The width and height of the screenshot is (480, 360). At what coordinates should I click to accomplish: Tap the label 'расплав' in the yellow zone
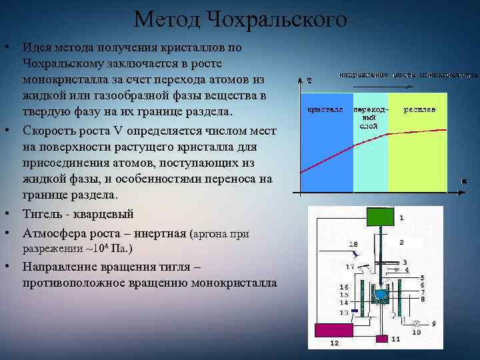(419, 109)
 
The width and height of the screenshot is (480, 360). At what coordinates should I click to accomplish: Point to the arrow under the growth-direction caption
(381, 87)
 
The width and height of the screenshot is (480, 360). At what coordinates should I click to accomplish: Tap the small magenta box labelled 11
(381, 339)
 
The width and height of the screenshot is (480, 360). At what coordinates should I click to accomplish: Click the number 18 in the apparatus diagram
(353, 245)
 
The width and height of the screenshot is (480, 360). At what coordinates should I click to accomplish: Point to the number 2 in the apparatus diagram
(401, 241)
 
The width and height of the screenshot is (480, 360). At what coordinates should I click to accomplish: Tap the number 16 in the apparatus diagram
(343, 287)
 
